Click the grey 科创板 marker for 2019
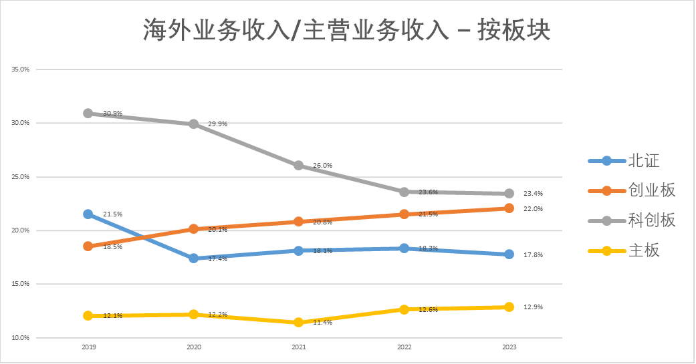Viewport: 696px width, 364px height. click(88, 114)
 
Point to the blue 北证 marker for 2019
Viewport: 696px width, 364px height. click(88, 214)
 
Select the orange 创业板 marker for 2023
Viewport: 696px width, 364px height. click(509, 208)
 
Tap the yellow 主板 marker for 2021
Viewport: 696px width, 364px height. click(298, 323)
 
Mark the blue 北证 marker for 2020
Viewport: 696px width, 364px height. click(193, 258)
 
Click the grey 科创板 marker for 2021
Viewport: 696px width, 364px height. click(298, 166)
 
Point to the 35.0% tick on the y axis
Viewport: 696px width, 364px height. click(21, 69)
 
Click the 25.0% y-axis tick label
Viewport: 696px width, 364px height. click(21, 177)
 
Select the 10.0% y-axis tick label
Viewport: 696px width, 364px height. click(21, 338)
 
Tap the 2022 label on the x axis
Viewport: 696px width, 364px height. click(404, 348)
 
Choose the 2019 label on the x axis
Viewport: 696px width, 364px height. click(88, 348)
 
